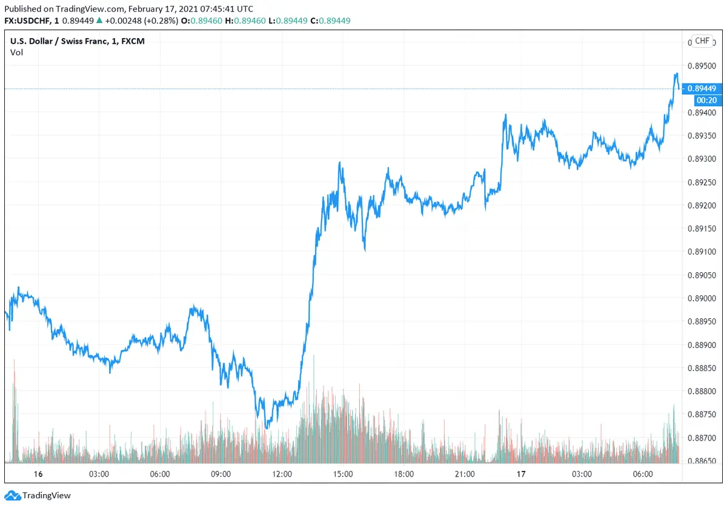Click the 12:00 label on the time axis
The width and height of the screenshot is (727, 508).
pos(282,474)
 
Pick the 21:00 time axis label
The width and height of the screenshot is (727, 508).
pos(465,474)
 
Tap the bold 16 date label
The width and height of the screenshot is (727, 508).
pos(38,474)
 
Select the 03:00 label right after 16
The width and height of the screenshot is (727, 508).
pos(99,474)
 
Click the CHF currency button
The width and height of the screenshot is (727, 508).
pos(702,41)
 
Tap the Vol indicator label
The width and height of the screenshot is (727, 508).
pos(16,52)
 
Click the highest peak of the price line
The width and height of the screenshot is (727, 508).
pos(676,74)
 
